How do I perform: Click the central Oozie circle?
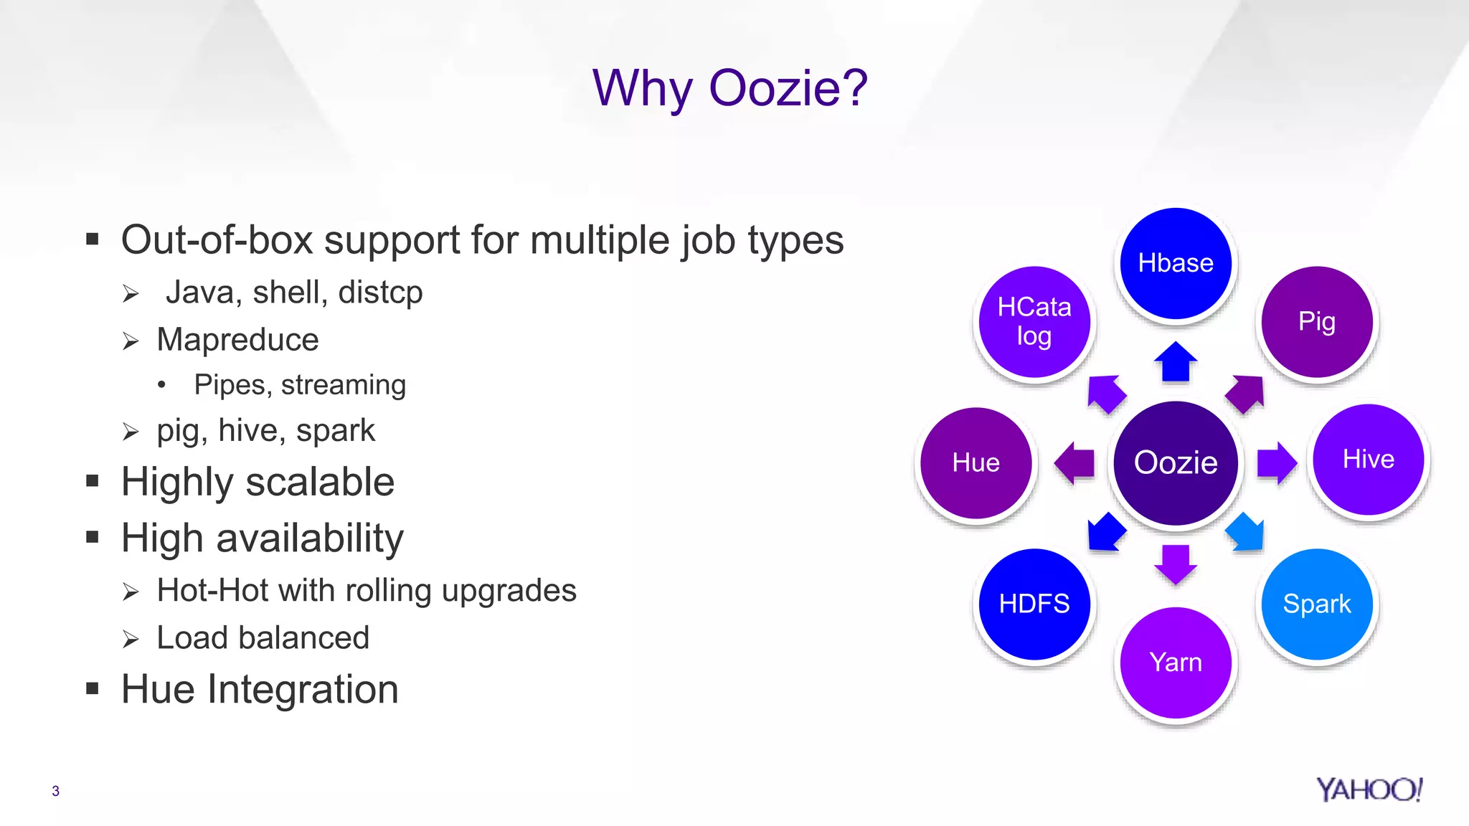pyautogui.click(x=1176, y=462)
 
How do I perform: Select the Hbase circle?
pyautogui.click(x=1176, y=263)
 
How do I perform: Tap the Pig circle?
pyautogui.click(x=1317, y=321)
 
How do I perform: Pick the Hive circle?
pyautogui.click(x=1369, y=459)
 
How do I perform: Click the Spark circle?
pyautogui.click(x=1317, y=604)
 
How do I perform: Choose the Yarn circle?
pyautogui.click(x=1176, y=662)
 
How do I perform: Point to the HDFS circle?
pyautogui.click(x=1034, y=604)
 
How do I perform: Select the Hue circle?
pyautogui.click(x=976, y=462)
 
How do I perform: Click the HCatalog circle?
pyautogui.click(x=1034, y=321)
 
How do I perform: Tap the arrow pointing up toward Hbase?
pyautogui.click(x=1176, y=362)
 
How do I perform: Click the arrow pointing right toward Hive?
pyautogui.click(x=1277, y=463)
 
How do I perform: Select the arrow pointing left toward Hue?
pyautogui.click(x=1074, y=463)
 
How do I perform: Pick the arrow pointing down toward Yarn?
pyautogui.click(x=1176, y=564)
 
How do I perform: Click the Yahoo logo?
pyautogui.click(x=1369, y=789)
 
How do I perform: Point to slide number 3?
pyautogui.click(x=55, y=791)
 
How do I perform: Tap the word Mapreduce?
pyautogui.click(x=237, y=340)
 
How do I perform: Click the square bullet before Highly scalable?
pyautogui.click(x=92, y=481)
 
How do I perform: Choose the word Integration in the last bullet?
pyautogui.click(x=303, y=690)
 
